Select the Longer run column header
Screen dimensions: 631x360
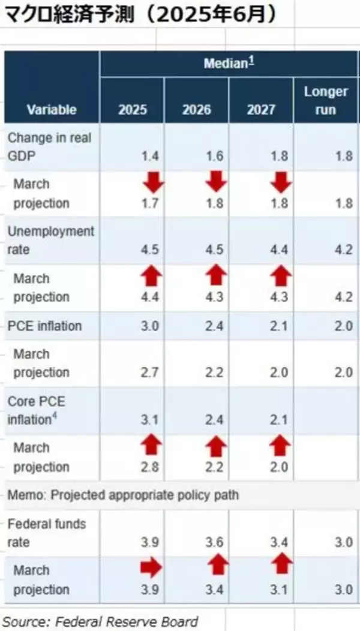[x=325, y=101]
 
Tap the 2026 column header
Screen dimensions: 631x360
[x=197, y=110]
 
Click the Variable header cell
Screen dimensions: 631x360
[x=52, y=110]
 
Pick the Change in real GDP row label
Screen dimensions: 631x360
[x=49, y=146]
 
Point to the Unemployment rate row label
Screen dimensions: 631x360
[x=50, y=240]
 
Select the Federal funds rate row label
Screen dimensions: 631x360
[x=46, y=533]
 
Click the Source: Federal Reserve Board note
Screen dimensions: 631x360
[x=101, y=621]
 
